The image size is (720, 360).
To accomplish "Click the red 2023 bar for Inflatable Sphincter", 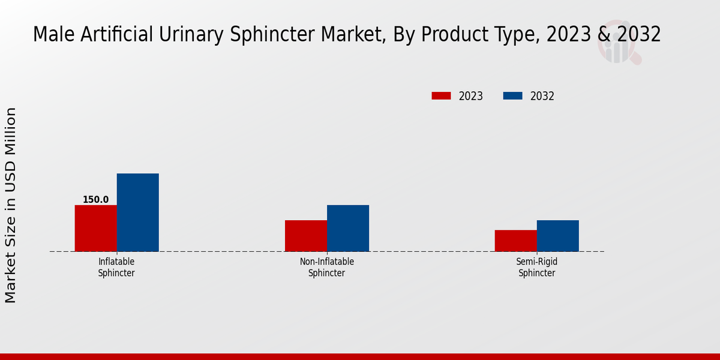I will point(95,228).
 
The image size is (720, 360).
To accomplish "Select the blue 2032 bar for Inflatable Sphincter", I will point(137,212).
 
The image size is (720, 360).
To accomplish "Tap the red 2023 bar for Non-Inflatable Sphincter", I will point(306,236).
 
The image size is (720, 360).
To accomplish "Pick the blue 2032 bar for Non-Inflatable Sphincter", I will point(348,228).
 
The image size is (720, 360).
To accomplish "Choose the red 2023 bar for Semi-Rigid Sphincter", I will point(515,241).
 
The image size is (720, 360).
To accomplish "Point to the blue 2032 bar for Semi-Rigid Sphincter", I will point(558,236).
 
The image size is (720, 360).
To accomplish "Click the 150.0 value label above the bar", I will point(95,200).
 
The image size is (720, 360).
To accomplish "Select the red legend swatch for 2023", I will point(441,96).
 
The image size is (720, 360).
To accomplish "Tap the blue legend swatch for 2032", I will point(512,96).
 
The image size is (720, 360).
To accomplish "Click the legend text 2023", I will point(470,96).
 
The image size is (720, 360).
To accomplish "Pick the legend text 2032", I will point(542,96).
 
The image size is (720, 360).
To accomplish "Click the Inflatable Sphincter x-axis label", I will point(116,268).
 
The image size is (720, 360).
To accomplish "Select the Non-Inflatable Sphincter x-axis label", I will point(327,268).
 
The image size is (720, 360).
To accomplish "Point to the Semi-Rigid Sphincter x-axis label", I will point(537,268).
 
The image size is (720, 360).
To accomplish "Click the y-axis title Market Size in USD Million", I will point(11,205).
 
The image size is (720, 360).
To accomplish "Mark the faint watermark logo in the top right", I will point(618,45).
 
